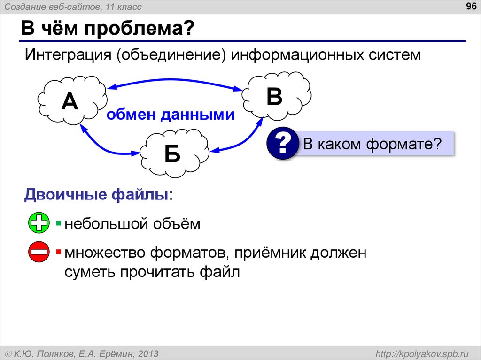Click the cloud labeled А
point(70,101)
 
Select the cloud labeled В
point(276,96)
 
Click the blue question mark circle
point(283,144)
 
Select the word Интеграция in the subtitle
point(66,55)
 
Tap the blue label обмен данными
point(171,115)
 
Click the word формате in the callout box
point(403,144)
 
